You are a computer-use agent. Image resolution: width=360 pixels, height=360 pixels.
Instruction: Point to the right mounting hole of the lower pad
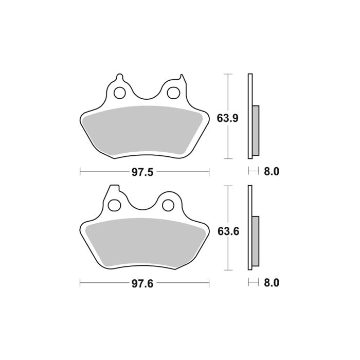pyautogui.click(x=168, y=205)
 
